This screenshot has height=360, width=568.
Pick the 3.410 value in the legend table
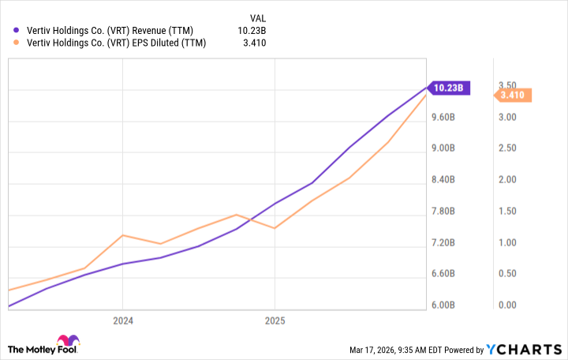pyautogui.click(x=252, y=43)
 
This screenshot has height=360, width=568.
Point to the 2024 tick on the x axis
pyautogui.click(x=123, y=321)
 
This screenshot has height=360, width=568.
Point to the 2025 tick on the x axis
pyautogui.click(x=275, y=321)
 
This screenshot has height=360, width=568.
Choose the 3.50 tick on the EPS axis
pyautogui.click(x=507, y=85)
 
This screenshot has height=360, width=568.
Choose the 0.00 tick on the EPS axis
pyautogui.click(x=507, y=306)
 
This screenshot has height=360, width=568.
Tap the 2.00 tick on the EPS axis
pyautogui.click(x=507, y=179)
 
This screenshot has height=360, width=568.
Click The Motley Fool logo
pyautogui.click(x=43, y=347)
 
